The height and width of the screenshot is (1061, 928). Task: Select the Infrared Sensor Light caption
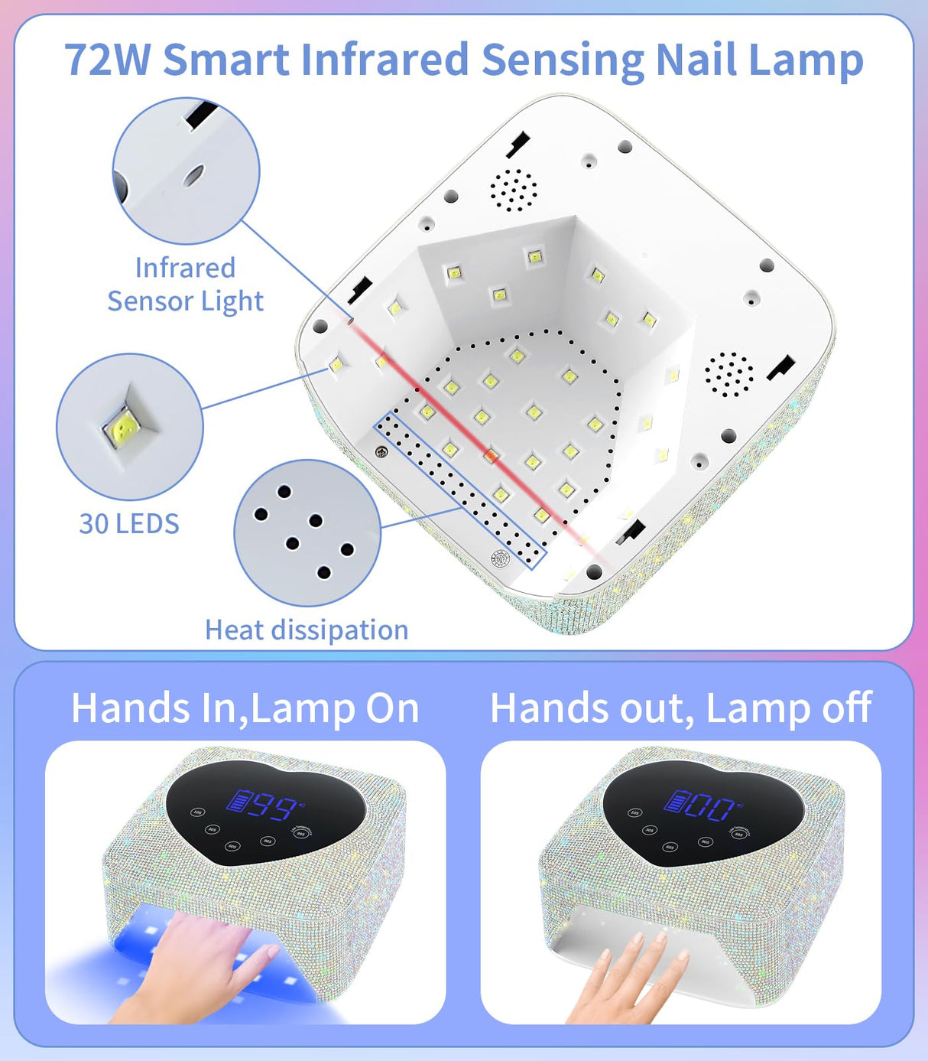point(185,285)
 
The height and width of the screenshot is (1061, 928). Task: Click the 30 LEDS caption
point(129,523)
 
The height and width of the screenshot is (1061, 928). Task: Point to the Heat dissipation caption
point(307,630)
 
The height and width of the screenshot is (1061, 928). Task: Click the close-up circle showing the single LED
point(130,426)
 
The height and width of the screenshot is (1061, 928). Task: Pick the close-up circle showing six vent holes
point(307,532)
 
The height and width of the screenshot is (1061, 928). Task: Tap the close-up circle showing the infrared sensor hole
point(187,171)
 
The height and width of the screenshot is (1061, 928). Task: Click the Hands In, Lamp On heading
point(245,708)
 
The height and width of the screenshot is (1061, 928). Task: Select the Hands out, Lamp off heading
point(680,708)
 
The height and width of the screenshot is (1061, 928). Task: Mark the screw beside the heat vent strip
point(381,451)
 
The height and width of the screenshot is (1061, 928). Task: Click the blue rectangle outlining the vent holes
point(459,490)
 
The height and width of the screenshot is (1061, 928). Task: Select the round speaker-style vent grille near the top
point(514,190)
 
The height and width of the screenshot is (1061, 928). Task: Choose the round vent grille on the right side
point(729,374)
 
